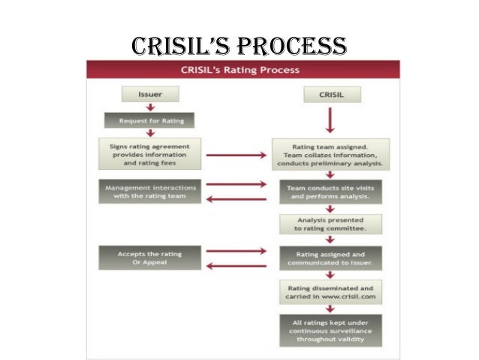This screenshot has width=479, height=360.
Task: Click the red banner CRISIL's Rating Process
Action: coord(239,70)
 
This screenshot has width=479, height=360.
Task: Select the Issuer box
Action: coord(151,95)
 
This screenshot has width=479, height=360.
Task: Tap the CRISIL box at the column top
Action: coord(331,95)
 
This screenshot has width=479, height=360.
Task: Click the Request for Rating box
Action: coord(151,120)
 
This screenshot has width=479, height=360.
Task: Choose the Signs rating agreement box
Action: coord(150,153)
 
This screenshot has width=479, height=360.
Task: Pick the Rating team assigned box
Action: coord(330,154)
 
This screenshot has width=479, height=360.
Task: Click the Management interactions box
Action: coord(150,192)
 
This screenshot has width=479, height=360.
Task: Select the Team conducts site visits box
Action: coord(330,192)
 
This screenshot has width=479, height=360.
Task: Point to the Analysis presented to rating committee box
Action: coord(330,224)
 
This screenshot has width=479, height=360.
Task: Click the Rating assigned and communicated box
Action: coord(330,258)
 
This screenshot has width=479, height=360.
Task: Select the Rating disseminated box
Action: coord(330,292)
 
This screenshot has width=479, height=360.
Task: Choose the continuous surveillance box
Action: coord(330,330)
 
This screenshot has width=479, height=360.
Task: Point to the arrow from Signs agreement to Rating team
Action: coord(236,155)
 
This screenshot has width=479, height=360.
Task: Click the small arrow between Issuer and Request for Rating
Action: coord(151,107)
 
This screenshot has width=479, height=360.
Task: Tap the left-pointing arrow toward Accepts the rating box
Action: coord(236,265)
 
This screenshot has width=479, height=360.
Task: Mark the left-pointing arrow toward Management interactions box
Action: coord(236,199)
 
